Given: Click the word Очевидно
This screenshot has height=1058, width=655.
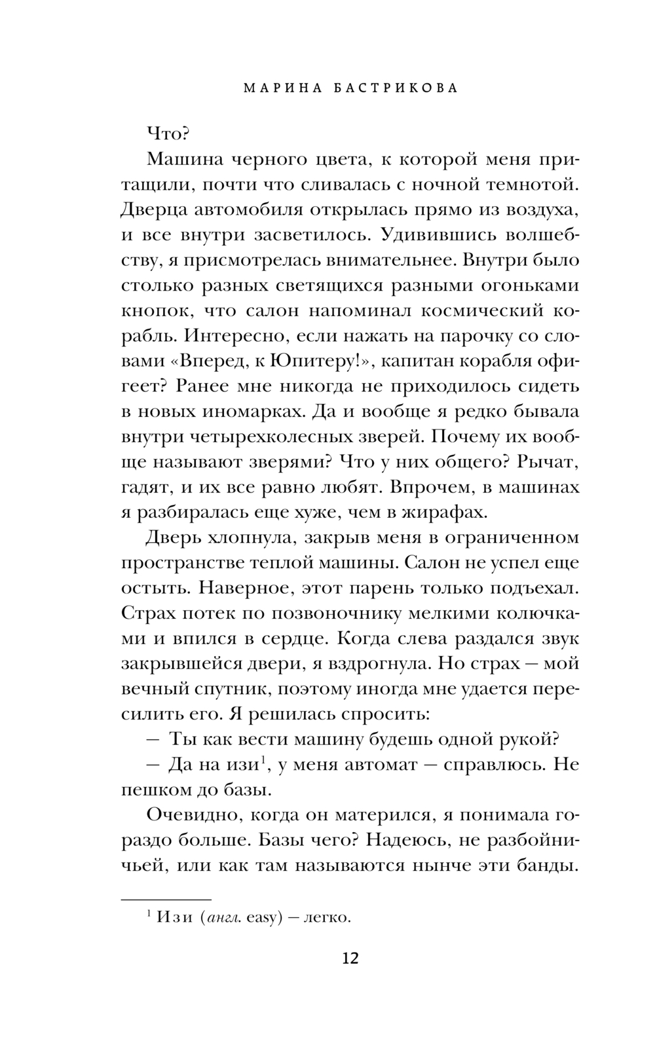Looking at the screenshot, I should [x=189, y=816].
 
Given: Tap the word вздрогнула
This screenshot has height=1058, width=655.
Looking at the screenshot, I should [x=373, y=665].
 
